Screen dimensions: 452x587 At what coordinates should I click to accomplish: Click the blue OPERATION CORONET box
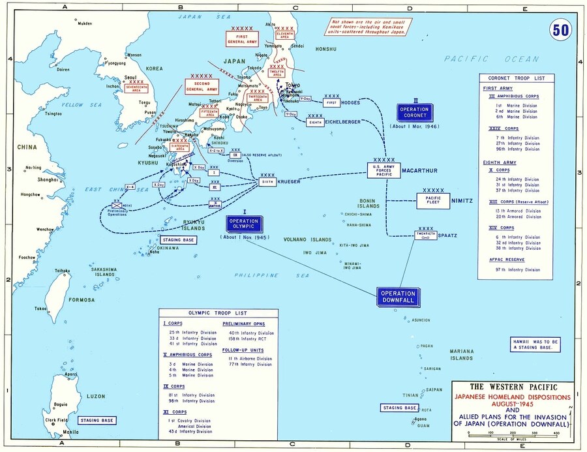click(x=414, y=113)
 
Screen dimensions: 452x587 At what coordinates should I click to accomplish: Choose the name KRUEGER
click(x=288, y=181)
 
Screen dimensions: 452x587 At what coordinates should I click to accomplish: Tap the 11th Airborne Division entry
click(x=251, y=359)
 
